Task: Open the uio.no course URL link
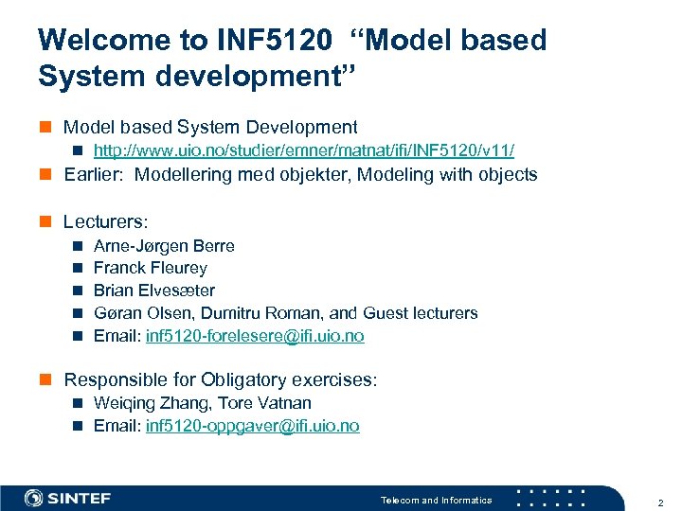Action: pos(304,150)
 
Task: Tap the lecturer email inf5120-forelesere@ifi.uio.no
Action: pos(255,336)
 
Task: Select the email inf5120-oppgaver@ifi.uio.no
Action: pos(253,426)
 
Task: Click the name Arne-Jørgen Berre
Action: pos(164,245)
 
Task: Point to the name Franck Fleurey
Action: pos(150,268)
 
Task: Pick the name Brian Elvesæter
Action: pos(153,291)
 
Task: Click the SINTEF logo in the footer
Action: pos(68,499)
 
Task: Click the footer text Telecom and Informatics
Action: pos(436,501)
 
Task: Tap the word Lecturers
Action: pos(104,221)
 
